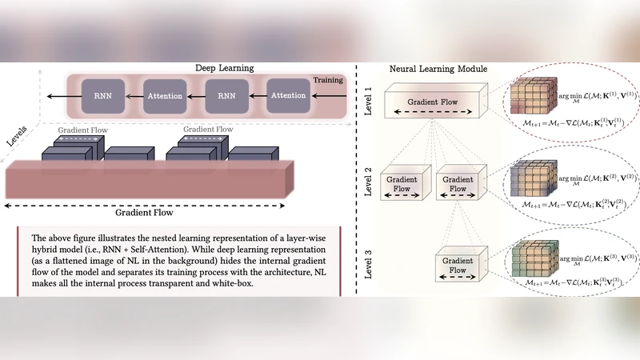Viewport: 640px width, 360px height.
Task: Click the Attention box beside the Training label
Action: pyautogui.click(x=288, y=97)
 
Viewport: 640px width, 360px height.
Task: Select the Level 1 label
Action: pyautogui.click(x=370, y=102)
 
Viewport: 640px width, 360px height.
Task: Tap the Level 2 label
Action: pyautogui.click(x=370, y=182)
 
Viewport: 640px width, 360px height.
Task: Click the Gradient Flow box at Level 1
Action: pyautogui.click(x=433, y=105)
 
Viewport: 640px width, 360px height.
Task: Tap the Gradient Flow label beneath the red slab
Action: pyautogui.click(x=145, y=213)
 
